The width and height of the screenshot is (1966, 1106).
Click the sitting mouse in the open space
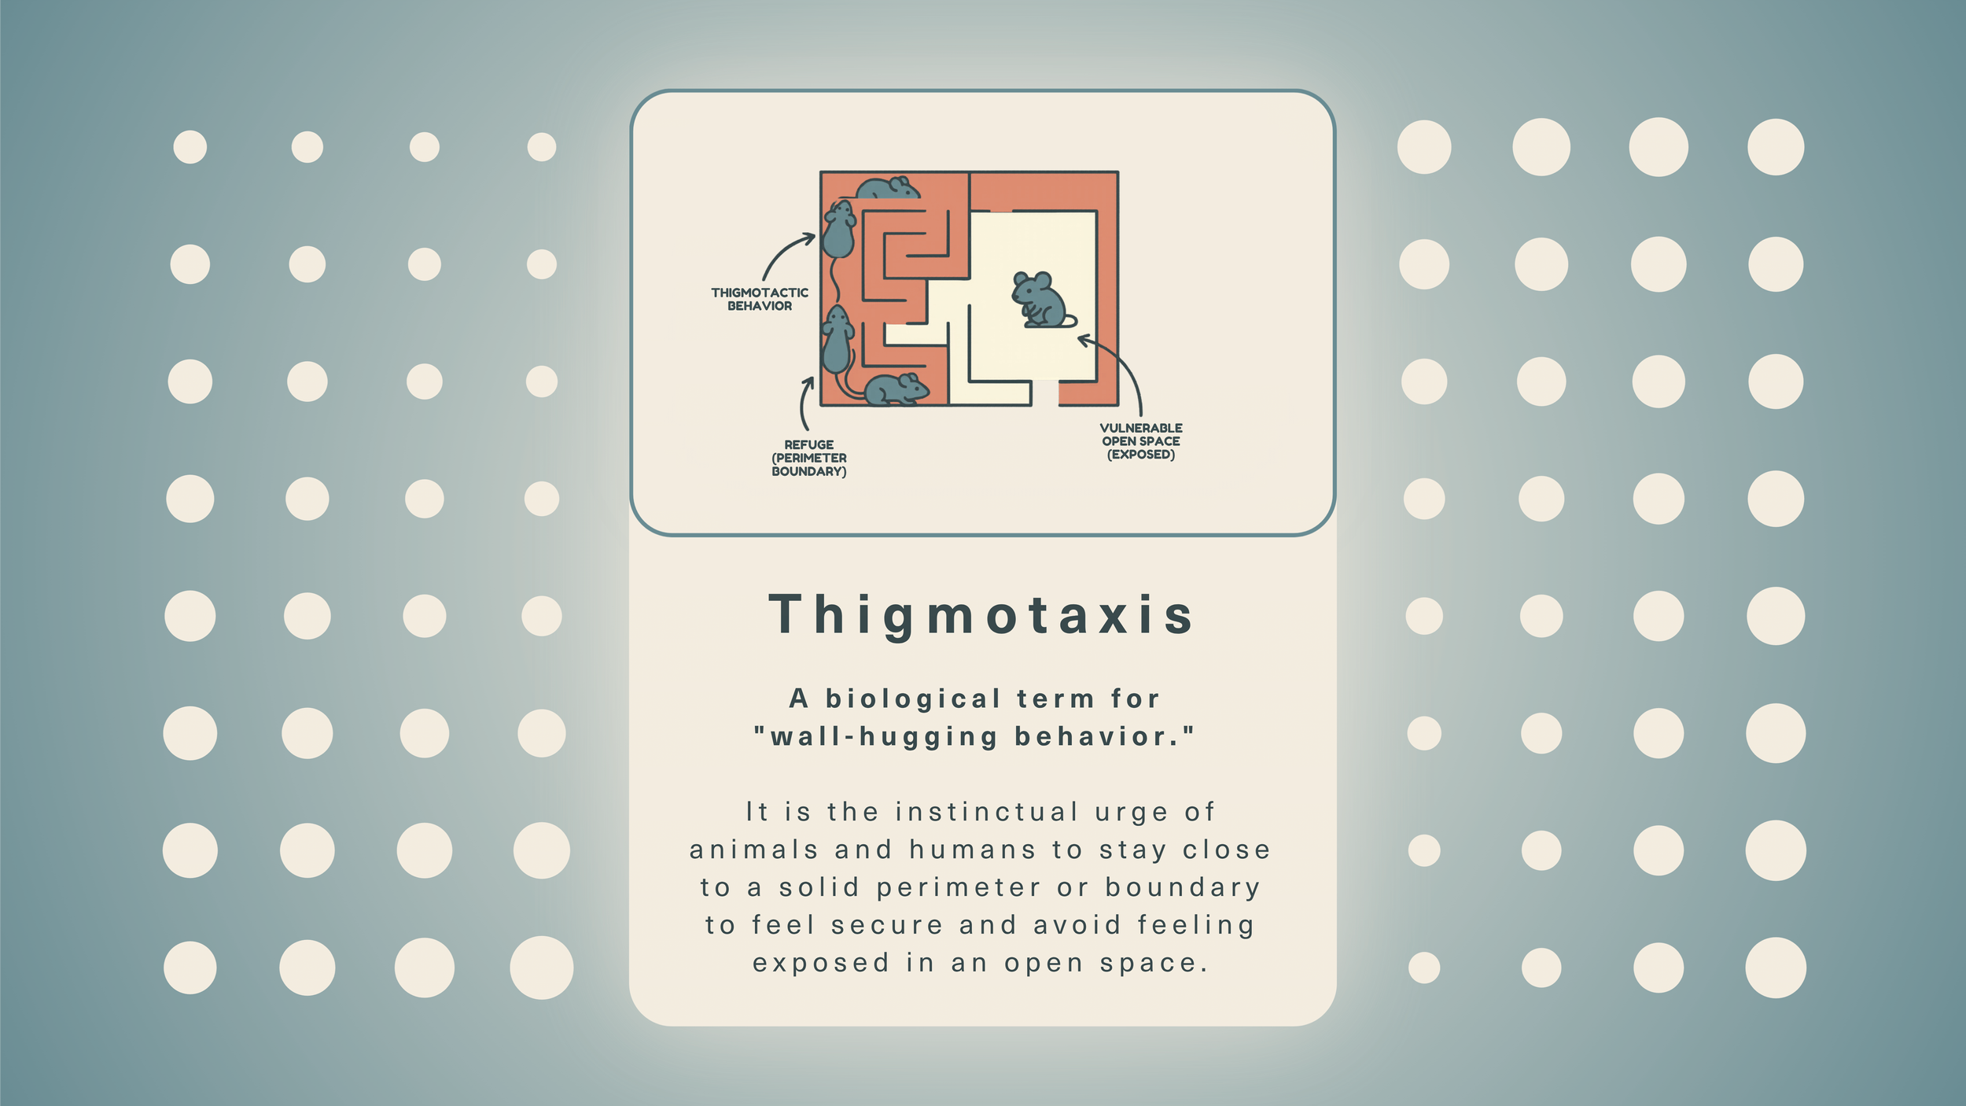(x=1039, y=300)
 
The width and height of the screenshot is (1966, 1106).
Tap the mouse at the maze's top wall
(x=886, y=188)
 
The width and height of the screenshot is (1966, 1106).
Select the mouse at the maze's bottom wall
(x=896, y=389)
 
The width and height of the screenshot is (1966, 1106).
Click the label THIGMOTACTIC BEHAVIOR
(x=760, y=299)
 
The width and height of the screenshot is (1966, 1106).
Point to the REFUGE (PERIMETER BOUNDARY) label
(x=808, y=458)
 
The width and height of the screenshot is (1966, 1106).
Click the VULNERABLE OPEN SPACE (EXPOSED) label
(x=1140, y=441)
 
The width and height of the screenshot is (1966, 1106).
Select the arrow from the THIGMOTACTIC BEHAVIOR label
(x=786, y=253)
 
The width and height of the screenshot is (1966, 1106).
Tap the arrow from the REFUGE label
(x=804, y=403)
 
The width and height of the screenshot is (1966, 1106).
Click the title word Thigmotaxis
(x=982, y=614)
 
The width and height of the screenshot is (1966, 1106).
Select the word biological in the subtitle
(x=913, y=699)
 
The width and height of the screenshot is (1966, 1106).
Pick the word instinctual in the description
(x=987, y=812)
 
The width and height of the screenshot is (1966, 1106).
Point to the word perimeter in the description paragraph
(x=959, y=887)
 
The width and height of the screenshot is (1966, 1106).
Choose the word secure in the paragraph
(x=886, y=925)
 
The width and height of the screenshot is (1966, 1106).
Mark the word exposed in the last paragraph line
(x=821, y=963)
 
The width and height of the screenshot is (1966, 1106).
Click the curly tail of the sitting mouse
(x=1070, y=321)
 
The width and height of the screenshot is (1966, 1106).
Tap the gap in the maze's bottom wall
(x=1044, y=393)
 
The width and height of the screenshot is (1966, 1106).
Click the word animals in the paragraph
(x=754, y=850)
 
